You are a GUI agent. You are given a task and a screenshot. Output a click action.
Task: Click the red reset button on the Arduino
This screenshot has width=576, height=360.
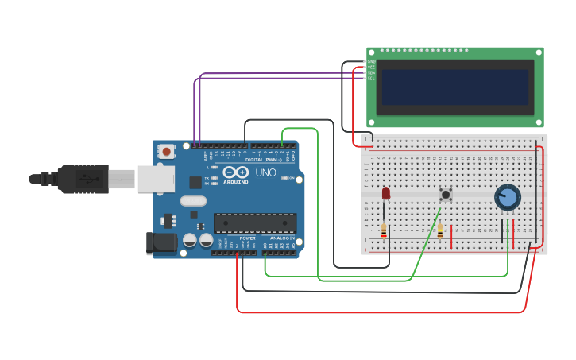(x=166, y=151)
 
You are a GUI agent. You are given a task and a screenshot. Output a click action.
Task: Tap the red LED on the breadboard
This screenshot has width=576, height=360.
(x=386, y=193)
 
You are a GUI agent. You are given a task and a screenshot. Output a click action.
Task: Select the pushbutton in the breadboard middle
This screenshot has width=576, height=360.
(x=446, y=194)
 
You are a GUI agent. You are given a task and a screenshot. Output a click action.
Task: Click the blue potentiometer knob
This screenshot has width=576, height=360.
(x=508, y=197)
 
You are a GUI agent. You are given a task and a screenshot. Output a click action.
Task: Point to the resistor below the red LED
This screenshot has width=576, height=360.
(x=385, y=230)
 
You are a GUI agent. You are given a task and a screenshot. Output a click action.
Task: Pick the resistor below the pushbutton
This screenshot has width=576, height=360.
(x=440, y=230)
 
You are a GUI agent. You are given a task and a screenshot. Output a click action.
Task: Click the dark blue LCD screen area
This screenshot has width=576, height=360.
(x=455, y=87)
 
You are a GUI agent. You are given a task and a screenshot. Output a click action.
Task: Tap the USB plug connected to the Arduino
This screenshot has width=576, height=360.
(x=83, y=179)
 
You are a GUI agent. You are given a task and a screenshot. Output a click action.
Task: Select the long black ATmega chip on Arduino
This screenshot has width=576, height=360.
(x=255, y=223)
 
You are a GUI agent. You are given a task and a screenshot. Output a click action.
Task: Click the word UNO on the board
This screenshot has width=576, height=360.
(x=265, y=172)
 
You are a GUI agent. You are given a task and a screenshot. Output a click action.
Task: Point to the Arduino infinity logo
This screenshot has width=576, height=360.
(x=236, y=172)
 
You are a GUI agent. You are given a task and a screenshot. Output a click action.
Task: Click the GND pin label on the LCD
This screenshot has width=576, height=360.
(x=371, y=61)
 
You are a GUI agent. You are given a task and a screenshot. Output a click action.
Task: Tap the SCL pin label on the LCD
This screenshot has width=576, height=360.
(x=371, y=78)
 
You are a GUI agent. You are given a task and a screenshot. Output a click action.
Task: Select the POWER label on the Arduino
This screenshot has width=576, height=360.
(x=248, y=238)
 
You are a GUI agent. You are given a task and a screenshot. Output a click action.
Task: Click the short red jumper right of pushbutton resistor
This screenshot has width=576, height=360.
(x=451, y=236)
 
